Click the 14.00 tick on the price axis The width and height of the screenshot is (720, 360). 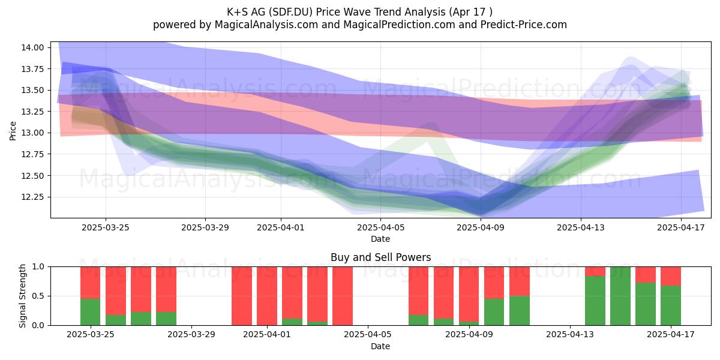click(32, 47)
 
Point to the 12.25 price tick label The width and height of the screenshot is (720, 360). click(32, 197)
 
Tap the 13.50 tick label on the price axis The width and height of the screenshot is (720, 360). click(32, 91)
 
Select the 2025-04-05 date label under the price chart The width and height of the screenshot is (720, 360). click(380, 227)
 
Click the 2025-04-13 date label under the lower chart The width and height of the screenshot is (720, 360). click(570, 334)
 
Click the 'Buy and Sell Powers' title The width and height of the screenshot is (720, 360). click(380, 257)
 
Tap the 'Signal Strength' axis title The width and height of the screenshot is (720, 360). click(22, 296)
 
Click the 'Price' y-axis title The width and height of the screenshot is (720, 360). click(13, 131)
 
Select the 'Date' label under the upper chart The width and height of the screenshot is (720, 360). click(380, 239)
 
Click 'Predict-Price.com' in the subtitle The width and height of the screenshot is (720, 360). click(524, 25)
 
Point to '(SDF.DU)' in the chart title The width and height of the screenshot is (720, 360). click(290, 12)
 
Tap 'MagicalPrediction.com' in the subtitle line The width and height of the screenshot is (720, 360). click(399, 25)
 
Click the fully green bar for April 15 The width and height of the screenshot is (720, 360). click(620, 296)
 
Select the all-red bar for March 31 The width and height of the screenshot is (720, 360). click(242, 296)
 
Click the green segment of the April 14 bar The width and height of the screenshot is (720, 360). click(595, 301)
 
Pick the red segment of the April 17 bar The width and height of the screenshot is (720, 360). click(671, 276)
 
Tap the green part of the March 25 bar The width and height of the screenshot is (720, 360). click(91, 312)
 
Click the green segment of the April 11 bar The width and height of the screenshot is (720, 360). click(520, 311)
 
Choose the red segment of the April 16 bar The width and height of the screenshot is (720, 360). click(646, 275)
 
